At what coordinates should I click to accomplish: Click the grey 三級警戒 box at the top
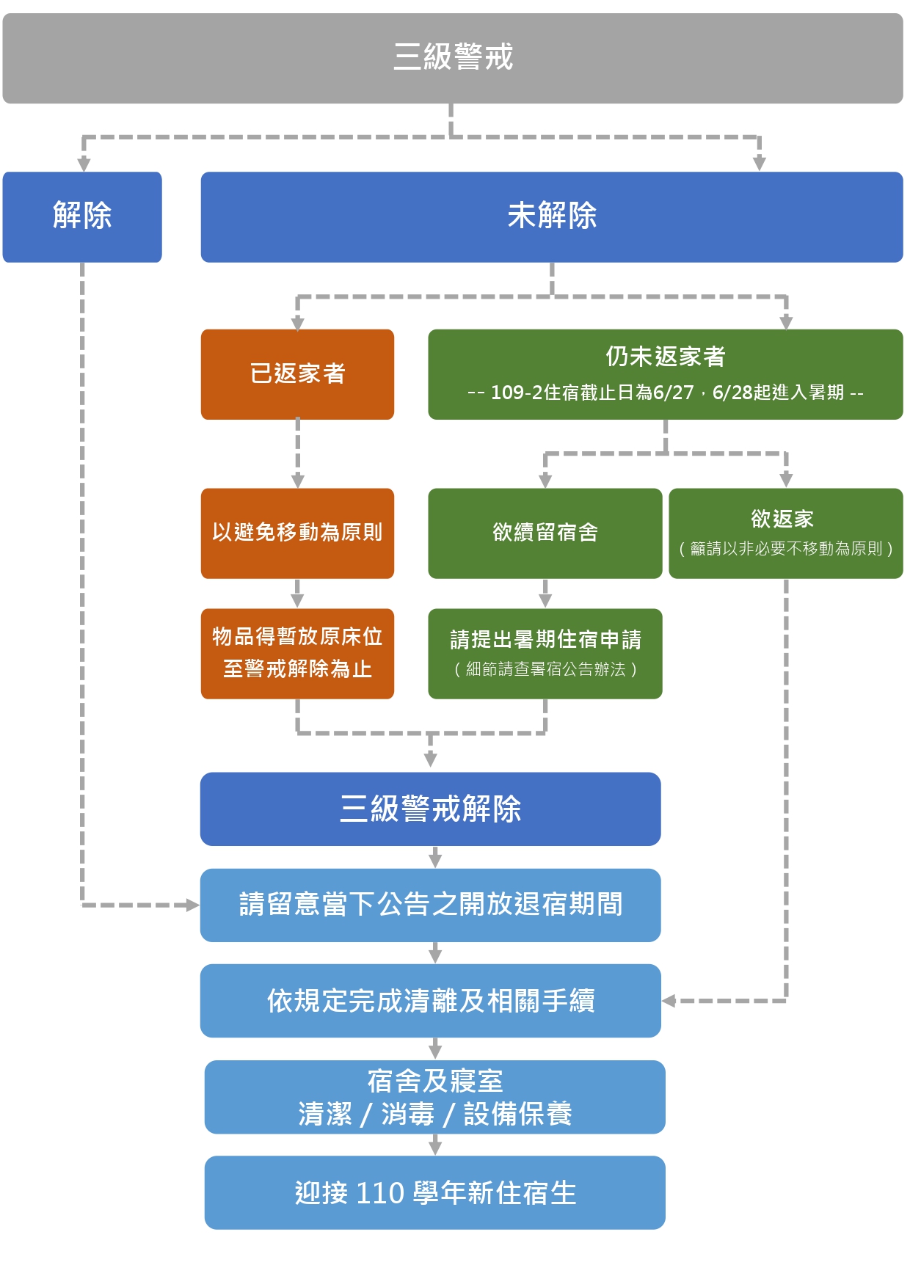(x=453, y=58)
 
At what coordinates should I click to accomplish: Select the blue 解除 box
(x=82, y=216)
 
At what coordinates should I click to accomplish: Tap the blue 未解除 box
(x=552, y=216)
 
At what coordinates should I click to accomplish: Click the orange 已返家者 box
(x=297, y=374)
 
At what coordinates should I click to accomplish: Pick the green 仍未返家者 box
(x=665, y=374)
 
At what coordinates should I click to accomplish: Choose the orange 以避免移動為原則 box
(x=297, y=533)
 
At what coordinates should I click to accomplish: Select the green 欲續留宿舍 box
(x=545, y=533)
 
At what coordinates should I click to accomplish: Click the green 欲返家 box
(x=785, y=533)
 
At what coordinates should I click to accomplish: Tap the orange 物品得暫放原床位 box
(x=297, y=653)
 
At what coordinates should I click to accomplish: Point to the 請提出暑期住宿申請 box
(x=545, y=653)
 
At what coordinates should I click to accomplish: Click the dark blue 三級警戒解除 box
(x=430, y=809)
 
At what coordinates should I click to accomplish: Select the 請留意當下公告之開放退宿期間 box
(x=430, y=905)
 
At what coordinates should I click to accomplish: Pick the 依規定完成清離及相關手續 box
(x=430, y=1000)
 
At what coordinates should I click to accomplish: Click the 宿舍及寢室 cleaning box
(x=434, y=1096)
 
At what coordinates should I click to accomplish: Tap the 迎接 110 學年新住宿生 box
(x=434, y=1192)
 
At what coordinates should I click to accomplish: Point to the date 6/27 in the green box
(x=673, y=393)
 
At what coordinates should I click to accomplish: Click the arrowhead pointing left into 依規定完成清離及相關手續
(x=669, y=1000)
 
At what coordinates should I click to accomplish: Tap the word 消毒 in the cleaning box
(x=407, y=1114)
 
